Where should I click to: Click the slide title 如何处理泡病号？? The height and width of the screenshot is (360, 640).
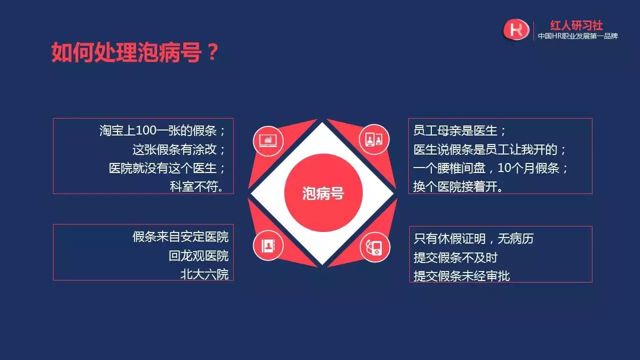coord(135,52)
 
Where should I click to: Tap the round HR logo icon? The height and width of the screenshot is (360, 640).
coord(516,29)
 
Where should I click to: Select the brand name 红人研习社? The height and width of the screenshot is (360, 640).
coord(576,25)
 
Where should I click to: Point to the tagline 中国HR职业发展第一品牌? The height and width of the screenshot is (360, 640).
coord(577,36)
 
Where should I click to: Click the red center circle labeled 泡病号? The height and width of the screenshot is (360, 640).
coord(323,193)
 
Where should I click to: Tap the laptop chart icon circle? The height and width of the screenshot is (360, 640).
coord(268,141)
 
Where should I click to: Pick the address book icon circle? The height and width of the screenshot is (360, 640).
coord(268,245)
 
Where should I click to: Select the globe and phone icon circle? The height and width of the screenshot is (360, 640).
coord(375,246)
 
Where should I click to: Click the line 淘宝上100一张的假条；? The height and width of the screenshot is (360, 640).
coord(163,131)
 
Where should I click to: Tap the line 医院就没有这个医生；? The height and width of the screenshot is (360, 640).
coord(168,168)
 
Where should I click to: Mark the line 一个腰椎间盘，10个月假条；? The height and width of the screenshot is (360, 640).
coord(491,168)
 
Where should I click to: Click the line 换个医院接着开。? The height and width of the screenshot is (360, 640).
coord(458,186)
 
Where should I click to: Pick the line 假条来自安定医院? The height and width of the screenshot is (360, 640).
coord(181,236)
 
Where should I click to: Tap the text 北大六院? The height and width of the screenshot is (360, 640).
coord(205,274)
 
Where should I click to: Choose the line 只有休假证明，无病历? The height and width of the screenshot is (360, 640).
coord(473,238)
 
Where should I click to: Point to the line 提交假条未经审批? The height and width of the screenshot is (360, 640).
coord(461,275)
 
